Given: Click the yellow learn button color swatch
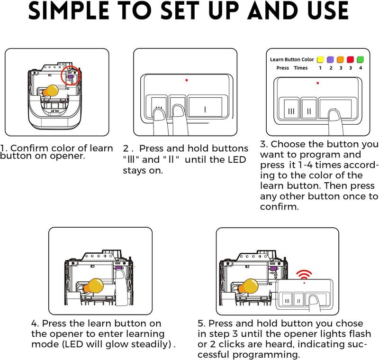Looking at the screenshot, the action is pos(320,59).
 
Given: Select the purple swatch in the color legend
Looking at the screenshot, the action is pos(330,59).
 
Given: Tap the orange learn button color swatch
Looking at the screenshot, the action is pos(340,59).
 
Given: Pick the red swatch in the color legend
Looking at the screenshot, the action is pos(350,59).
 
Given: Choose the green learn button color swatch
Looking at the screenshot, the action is pos(360,59).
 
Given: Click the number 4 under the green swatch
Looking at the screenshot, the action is pos(361,68).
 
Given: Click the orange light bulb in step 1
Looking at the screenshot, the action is pos(51,91).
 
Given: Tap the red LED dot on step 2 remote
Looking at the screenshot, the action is pos(186,80).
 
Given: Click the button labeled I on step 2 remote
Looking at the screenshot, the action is pos(205,107).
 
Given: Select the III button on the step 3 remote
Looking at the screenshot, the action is pos(291,109).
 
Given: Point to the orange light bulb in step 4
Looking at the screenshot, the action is pos(93,286).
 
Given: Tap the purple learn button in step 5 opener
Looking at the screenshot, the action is pos(273,268).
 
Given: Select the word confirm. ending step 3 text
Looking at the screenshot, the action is pos(280,207).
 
